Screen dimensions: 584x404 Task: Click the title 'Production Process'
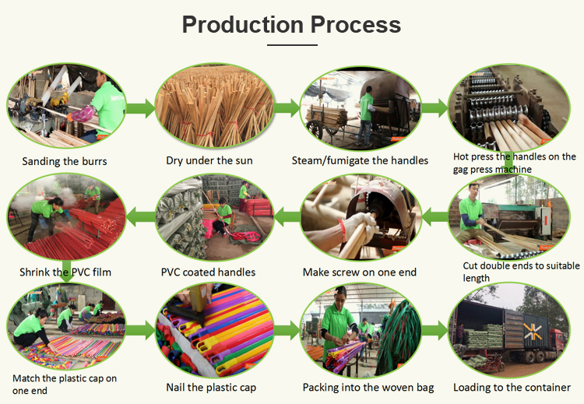291,25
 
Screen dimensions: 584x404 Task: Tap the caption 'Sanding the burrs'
65,161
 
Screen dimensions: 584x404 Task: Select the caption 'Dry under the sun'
209,160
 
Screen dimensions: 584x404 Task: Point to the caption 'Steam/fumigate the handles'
360,160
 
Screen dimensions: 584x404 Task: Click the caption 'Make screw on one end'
360,272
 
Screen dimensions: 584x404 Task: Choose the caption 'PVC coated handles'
208,272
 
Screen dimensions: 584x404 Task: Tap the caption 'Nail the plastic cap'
211,388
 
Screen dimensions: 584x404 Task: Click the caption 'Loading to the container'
512,388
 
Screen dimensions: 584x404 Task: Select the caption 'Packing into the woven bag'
368,388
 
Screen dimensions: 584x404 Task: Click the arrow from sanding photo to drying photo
141,108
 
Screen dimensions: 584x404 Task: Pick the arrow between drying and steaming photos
287,108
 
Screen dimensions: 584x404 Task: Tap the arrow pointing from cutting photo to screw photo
434,216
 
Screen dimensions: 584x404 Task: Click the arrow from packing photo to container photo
434,331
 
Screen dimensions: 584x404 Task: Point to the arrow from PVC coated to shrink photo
141,216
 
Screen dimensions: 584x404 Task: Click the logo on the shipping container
533,332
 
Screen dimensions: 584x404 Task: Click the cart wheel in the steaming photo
315,129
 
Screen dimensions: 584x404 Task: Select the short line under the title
292,45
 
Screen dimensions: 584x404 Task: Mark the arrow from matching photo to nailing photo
140,331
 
